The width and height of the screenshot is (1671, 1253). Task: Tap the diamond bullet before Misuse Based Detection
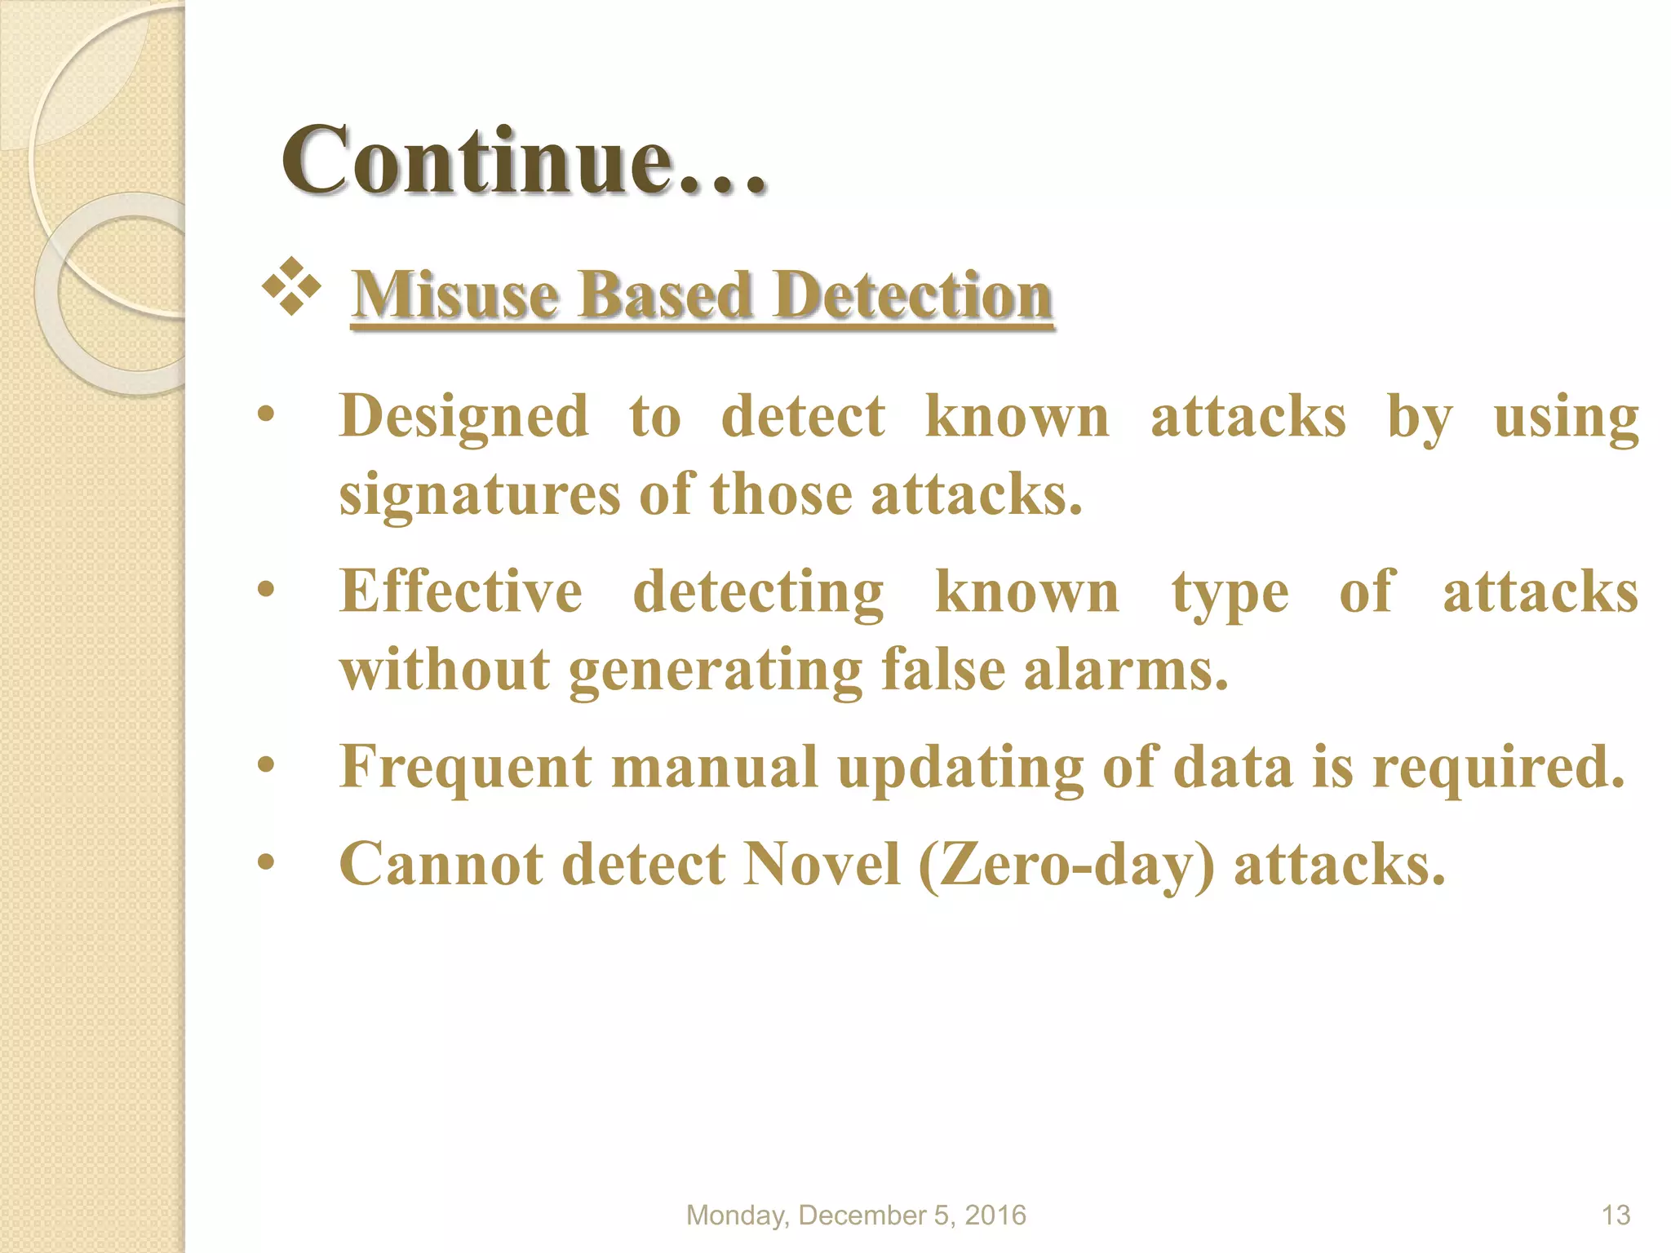coord(291,286)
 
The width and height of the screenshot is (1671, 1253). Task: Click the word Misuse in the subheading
coord(456,294)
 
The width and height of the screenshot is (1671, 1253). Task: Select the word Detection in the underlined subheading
coord(913,294)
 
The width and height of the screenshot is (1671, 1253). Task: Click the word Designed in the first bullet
coord(463,417)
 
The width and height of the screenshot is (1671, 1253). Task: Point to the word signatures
coord(480,495)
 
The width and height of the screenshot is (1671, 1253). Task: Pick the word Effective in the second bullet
coord(461,591)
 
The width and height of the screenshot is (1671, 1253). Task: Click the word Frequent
coord(466,768)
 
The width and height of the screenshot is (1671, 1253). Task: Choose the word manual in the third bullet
coord(714,768)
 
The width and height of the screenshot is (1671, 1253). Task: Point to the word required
coord(1498,768)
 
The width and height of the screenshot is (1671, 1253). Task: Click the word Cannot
coord(441,864)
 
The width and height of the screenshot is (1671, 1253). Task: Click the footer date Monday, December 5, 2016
coord(856,1215)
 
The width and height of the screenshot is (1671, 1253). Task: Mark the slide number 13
coord(1616,1215)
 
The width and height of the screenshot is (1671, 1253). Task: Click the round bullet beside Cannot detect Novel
coord(265,862)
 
